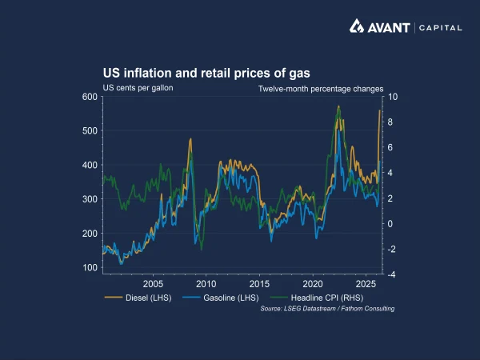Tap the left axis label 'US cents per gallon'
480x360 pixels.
138,87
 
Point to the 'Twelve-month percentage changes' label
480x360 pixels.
321,89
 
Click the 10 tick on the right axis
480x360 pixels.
392,97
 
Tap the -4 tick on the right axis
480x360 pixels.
391,274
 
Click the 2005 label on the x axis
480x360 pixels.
153,284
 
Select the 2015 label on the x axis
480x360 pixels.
259,284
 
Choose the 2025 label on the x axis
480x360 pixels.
366,284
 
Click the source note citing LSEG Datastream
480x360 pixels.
327,308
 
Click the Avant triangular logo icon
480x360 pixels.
358,26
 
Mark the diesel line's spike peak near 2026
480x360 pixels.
379,110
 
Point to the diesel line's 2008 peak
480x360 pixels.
190,139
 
